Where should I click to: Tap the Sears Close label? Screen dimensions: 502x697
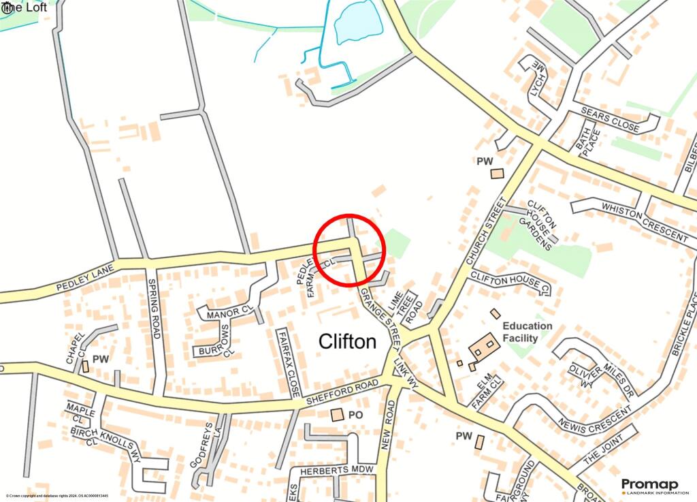point(610,119)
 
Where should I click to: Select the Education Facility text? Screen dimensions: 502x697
point(528,332)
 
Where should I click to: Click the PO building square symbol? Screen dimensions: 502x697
point(337,414)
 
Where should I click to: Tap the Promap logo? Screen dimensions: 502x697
point(649,485)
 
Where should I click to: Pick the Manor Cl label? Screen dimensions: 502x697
point(232,313)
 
